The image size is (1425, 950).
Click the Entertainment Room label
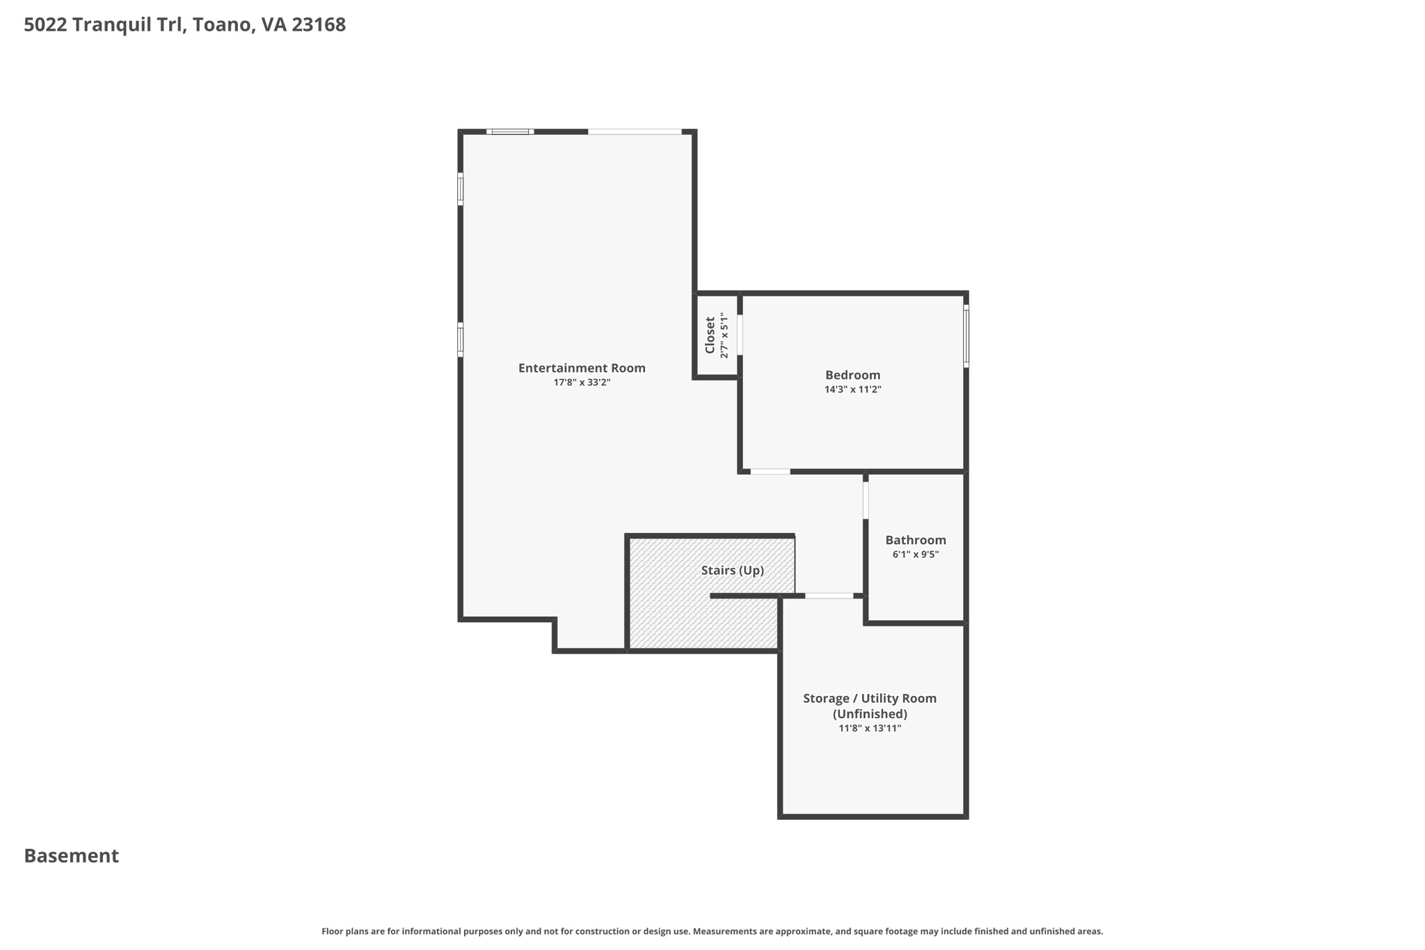click(582, 368)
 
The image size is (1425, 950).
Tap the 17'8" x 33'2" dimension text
click(582, 383)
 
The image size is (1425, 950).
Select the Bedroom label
click(852, 375)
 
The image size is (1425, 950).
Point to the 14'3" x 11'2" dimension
click(852, 390)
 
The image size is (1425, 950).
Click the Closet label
click(710, 335)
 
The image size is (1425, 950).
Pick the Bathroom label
click(915, 540)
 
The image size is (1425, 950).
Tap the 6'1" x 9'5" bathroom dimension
click(915, 555)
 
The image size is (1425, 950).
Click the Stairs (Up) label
click(732, 571)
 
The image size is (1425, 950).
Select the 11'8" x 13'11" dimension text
click(869, 729)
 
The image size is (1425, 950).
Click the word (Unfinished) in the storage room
click(869, 714)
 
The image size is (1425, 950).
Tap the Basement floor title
click(72, 856)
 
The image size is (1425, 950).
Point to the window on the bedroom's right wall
click(966, 337)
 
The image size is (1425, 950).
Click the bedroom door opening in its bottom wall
click(770, 472)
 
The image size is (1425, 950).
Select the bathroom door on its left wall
click(866, 500)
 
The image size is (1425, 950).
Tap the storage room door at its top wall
click(829, 596)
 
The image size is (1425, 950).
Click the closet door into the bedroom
click(740, 335)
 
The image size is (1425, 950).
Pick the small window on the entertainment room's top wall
click(510, 132)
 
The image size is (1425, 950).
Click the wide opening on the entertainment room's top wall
click(635, 132)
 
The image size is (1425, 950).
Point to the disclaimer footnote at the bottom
click(712, 931)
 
